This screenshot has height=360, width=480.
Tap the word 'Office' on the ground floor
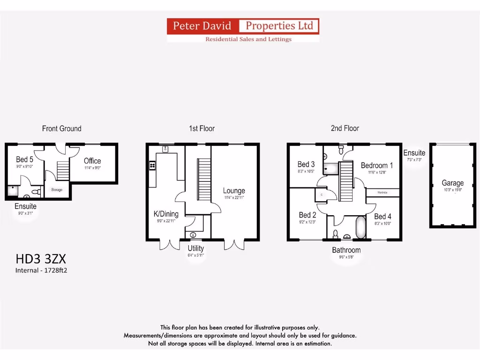point(92,161)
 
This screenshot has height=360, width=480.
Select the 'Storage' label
point(57,190)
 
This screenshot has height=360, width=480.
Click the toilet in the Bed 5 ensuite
point(33,192)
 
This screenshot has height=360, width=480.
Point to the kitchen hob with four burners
point(152,165)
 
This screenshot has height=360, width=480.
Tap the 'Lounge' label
point(234,191)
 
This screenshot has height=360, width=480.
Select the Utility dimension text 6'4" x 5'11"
point(196,255)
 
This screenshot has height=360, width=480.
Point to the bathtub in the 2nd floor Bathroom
point(361,227)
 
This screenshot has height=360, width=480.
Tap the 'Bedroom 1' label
point(377,165)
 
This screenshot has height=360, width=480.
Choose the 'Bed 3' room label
point(306,164)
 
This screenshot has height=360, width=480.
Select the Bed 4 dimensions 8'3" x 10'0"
point(382,224)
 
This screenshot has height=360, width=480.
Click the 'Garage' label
point(452,183)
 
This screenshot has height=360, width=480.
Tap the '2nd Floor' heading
point(345,128)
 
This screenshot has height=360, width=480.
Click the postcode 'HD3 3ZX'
point(41,259)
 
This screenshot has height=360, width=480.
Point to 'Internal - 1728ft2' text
point(41,270)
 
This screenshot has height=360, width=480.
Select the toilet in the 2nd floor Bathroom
point(336,233)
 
